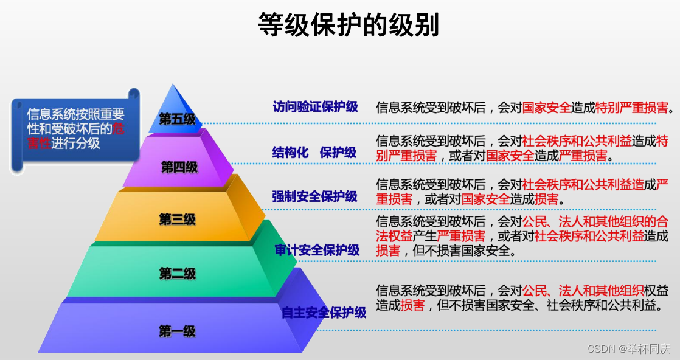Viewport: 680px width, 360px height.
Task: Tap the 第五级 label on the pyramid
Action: [177, 119]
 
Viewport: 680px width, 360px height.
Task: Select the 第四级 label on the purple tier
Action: [179, 167]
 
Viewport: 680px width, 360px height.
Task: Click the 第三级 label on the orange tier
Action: [178, 220]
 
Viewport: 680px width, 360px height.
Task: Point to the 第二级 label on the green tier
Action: [178, 274]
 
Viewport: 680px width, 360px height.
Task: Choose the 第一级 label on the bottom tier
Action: [177, 331]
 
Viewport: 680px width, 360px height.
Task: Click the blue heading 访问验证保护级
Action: [315, 107]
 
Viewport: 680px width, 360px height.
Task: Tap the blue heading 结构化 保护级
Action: [314, 152]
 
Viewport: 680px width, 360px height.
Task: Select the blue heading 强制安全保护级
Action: [314, 196]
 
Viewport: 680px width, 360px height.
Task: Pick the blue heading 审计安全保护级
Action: [316, 250]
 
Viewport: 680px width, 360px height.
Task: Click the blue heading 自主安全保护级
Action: [324, 313]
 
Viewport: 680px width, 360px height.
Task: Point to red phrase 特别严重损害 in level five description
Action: [631, 108]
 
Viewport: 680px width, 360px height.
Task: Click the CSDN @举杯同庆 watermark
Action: [629, 349]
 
